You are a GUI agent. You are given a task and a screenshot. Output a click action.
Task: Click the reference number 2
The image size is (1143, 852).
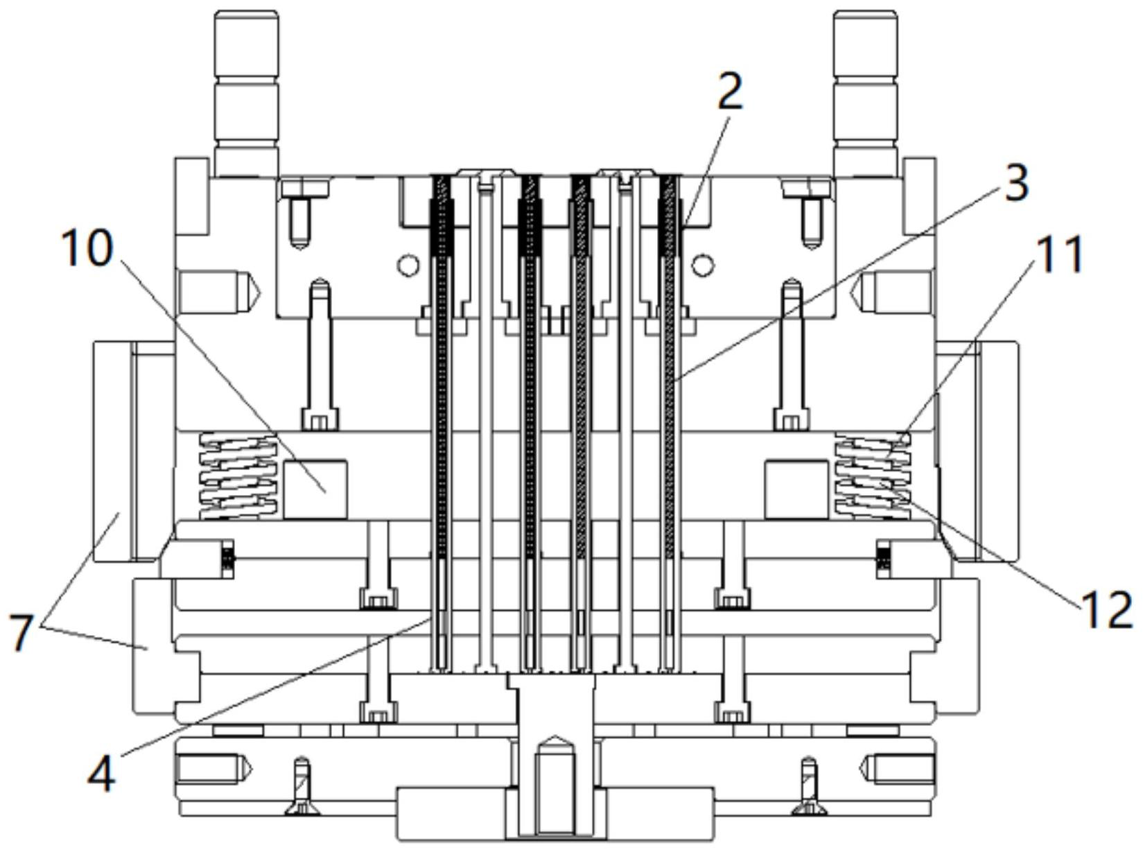point(731,93)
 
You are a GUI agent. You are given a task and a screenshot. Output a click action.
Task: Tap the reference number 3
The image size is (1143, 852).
point(1015,183)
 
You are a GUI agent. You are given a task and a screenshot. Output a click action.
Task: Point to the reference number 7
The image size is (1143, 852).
point(21,633)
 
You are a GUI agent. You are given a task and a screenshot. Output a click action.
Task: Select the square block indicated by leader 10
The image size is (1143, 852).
point(315,489)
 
